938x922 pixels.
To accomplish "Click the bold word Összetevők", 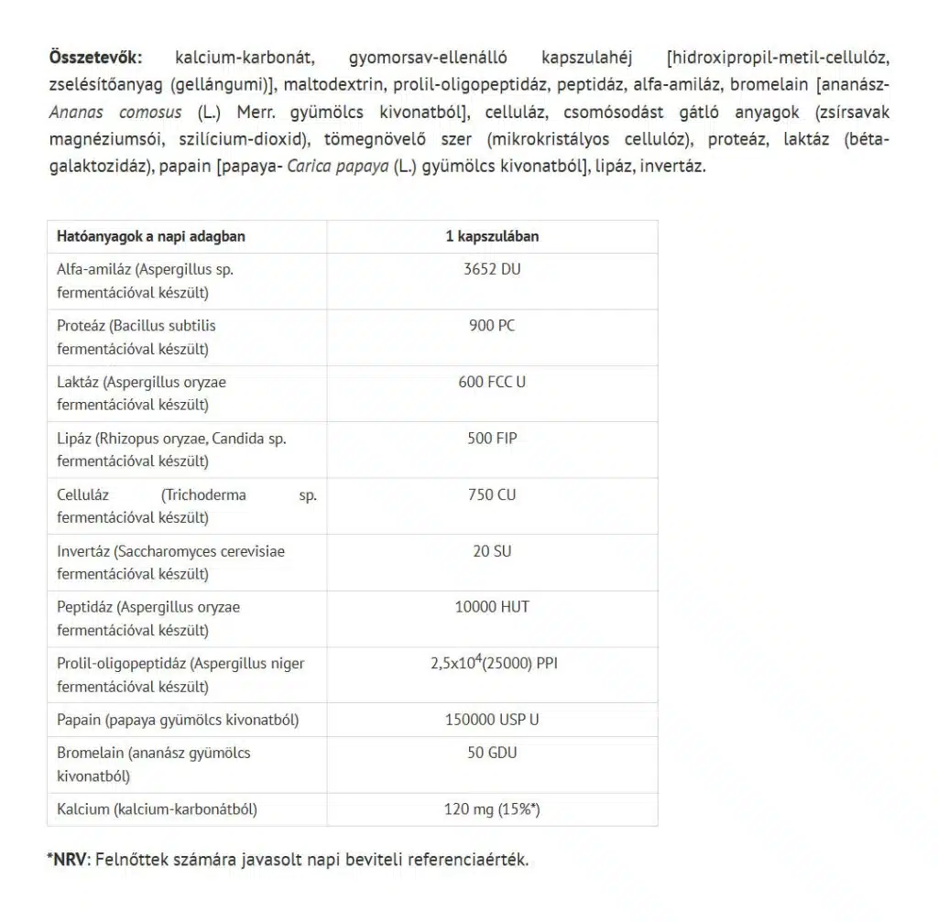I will point(95,57).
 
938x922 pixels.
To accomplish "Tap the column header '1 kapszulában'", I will point(492,236).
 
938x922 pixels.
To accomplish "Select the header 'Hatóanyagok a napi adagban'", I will point(151,236).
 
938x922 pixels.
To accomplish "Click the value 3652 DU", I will point(492,269).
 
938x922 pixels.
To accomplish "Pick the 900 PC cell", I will point(492,326).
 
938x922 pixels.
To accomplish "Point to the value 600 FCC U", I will point(492,382).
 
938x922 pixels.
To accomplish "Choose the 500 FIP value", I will point(492,439).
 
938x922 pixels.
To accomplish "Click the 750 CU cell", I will point(492,495).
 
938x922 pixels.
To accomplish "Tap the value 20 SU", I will point(492,551).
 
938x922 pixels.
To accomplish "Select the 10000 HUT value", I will point(492,607).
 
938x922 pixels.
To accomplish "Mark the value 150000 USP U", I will point(492,720).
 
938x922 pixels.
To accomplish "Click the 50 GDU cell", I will point(492,753).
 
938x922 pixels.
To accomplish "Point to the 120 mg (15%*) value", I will point(492,809).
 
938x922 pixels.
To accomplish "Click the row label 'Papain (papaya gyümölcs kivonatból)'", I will point(178,720).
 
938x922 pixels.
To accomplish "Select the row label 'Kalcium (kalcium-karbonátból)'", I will point(157,809).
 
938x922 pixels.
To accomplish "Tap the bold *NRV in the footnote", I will point(65,861).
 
